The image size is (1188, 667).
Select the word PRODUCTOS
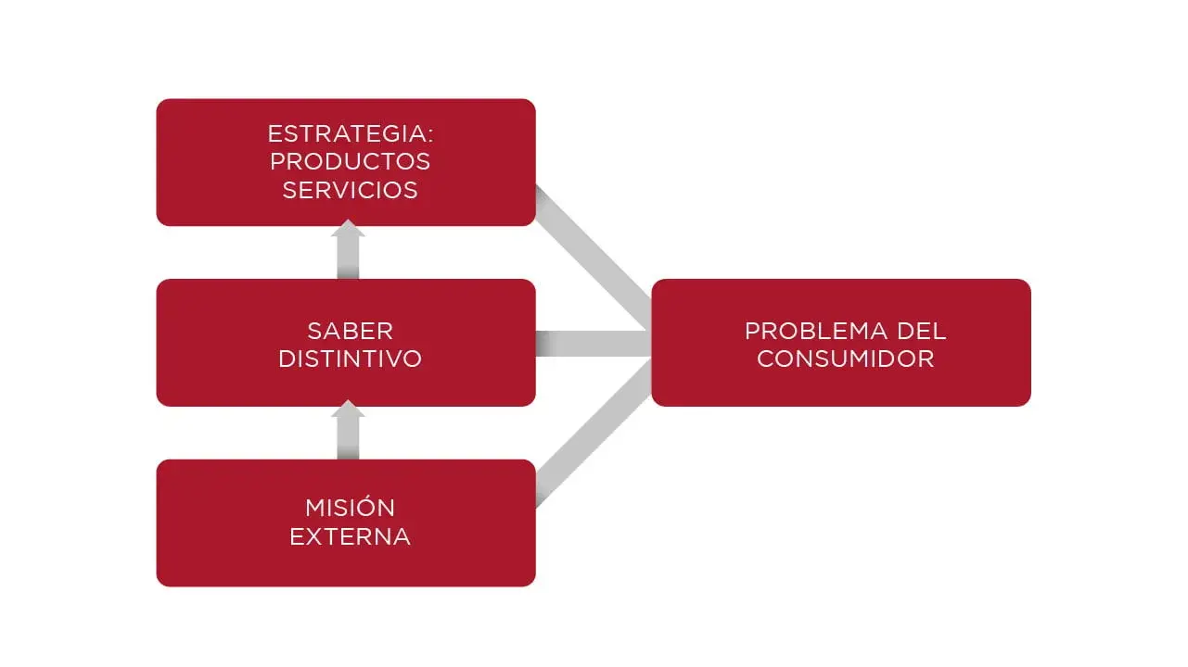coord(350,161)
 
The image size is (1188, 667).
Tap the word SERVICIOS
coord(350,190)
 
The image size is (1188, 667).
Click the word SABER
coord(350,331)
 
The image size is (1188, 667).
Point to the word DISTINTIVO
coord(350,359)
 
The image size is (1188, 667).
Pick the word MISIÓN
coord(350,508)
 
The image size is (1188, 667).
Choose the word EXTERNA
coord(350,536)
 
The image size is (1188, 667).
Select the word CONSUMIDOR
coord(845,359)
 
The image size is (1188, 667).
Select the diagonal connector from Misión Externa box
coord(590,435)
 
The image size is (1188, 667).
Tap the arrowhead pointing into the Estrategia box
coord(348,230)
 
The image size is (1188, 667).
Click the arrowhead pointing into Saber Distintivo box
coord(348,409)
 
